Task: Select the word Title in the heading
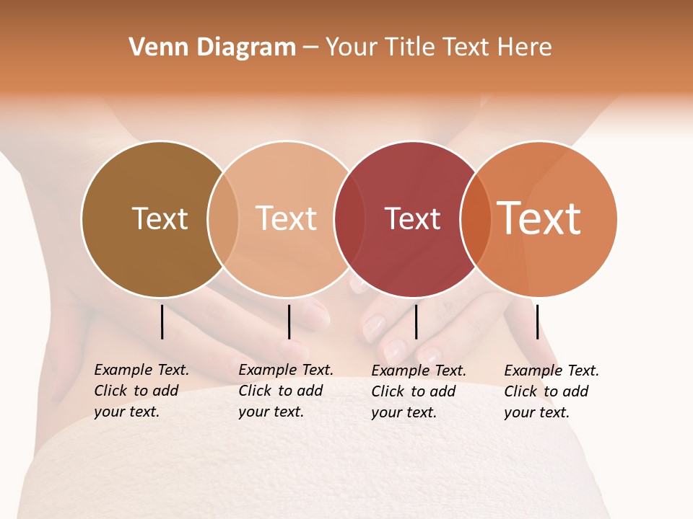click(410, 48)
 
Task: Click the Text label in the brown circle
click(160, 218)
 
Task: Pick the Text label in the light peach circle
click(286, 218)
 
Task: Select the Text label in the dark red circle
click(412, 218)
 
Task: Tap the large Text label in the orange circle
click(539, 218)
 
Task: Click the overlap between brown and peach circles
click(223, 219)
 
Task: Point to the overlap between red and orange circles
click(476, 219)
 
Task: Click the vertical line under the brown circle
click(162, 321)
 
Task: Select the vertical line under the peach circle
click(289, 321)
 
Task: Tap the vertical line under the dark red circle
click(416, 321)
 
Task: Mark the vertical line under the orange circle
click(537, 321)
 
